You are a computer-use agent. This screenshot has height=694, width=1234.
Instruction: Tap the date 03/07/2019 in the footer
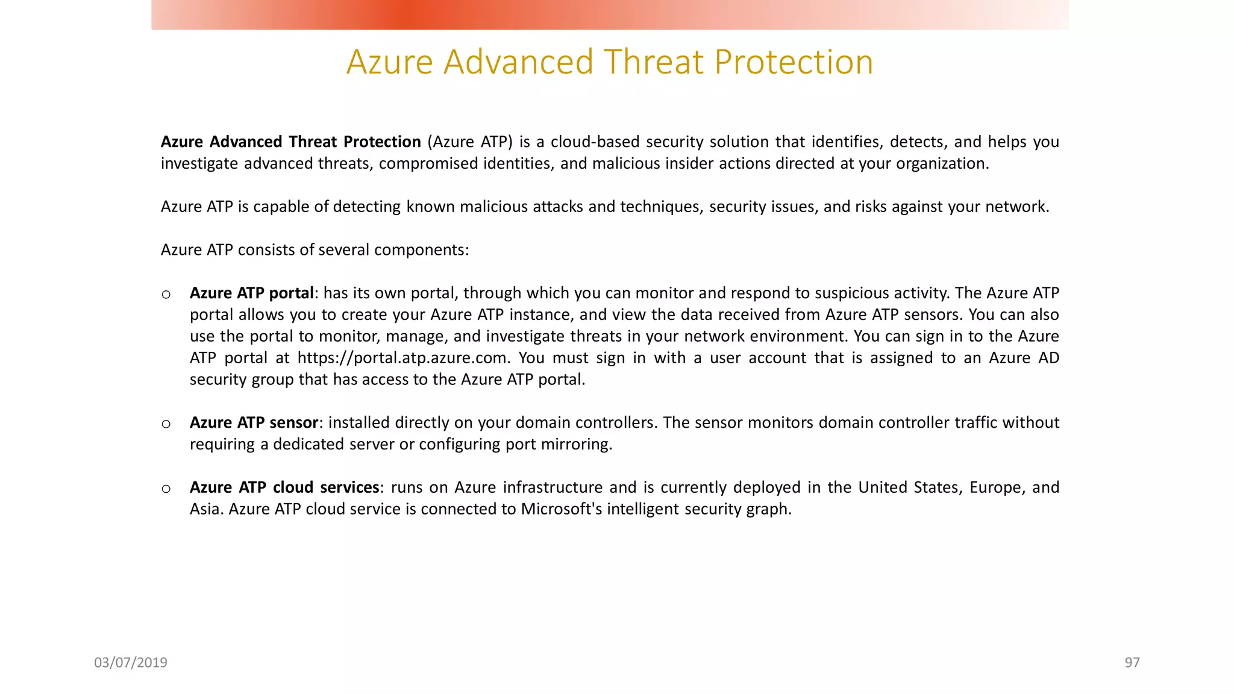point(131,663)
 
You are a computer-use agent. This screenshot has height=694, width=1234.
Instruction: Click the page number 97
point(1132,663)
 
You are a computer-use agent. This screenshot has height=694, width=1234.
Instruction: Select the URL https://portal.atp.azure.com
point(402,358)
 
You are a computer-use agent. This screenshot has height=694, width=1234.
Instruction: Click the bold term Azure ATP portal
point(251,293)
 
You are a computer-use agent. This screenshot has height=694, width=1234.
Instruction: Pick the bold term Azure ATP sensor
point(254,423)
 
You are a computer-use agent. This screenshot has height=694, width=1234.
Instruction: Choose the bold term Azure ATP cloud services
point(284,487)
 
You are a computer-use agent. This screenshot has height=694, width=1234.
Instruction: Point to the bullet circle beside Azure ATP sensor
point(166,424)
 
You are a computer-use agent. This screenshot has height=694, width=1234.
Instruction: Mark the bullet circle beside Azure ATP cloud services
point(166,489)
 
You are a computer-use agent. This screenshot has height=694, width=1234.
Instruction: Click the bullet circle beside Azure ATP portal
point(166,295)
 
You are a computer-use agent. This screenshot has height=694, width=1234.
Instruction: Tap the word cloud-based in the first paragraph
point(595,142)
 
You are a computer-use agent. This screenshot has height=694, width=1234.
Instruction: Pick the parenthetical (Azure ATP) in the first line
point(470,142)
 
